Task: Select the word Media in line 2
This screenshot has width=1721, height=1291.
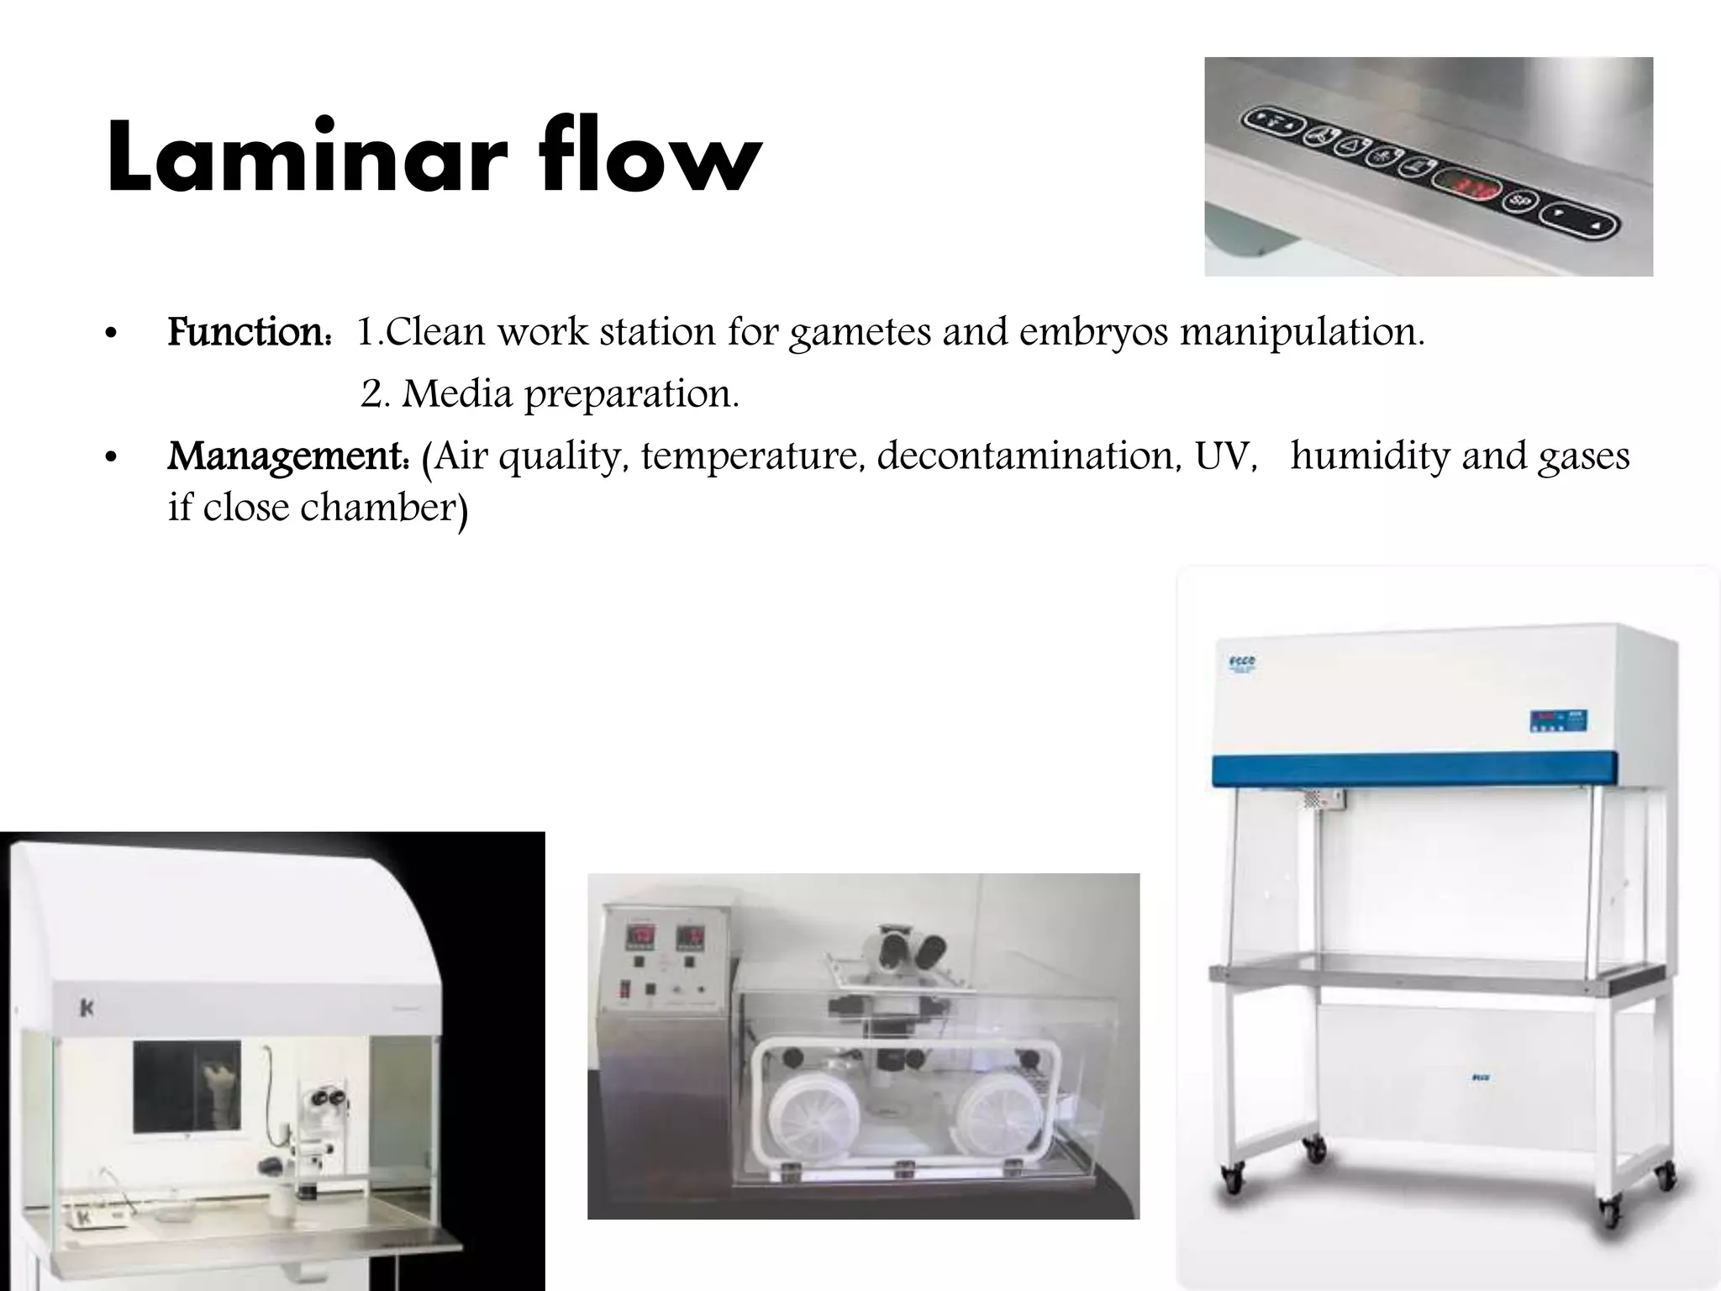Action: click(457, 393)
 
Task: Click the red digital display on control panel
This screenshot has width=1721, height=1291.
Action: click(1467, 185)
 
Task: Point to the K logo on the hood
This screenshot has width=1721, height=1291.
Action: click(86, 1008)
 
